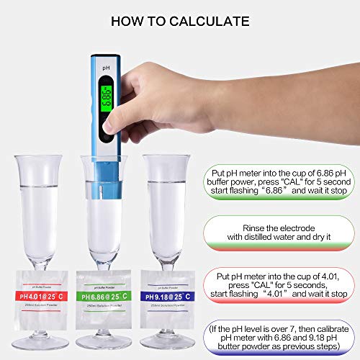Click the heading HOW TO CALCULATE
point(180,22)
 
